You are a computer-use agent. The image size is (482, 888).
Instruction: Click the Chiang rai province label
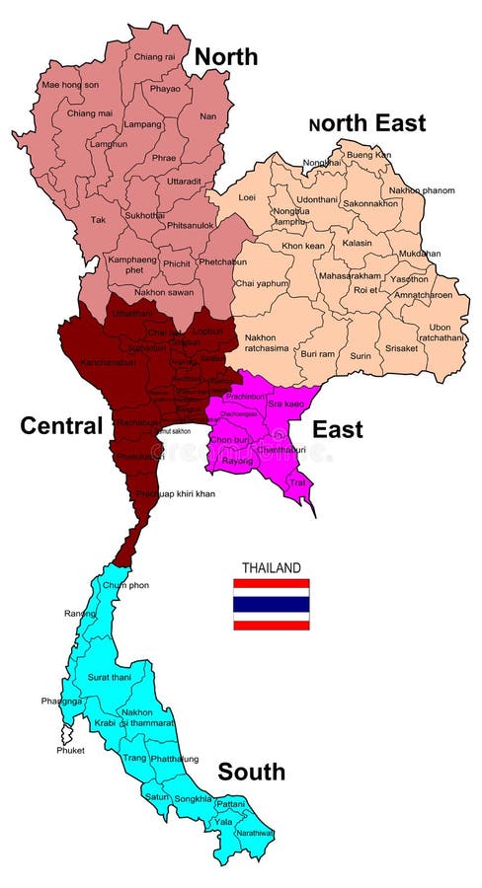pyautogui.click(x=154, y=56)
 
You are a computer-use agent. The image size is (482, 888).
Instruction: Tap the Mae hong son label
pyautogui.click(x=69, y=85)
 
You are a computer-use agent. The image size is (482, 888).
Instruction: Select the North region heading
pyautogui.click(x=226, y=57)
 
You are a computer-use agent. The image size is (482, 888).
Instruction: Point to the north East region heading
pyautogui.click(x=367, y=123)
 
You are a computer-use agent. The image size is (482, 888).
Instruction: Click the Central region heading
pyautogui.click(x=61, y=426)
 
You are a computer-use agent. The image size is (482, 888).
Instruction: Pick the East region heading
pyautogui.click(x=338, y=429)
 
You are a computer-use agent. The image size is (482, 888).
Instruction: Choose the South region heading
pyautogui.click(x=252, y=772)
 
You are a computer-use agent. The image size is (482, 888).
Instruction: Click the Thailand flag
pyautogui.click(x=272, y=604)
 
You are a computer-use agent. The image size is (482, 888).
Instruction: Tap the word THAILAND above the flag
pyautogui.click(x=272, y=568)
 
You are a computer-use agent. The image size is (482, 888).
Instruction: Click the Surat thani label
pyautogui.click(x=111, y=678)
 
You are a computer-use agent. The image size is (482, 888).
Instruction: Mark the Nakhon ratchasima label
pyautogui.click(x=261, y=343)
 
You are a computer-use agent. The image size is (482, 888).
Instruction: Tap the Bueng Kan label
pyautogui.click(x=369, y=155)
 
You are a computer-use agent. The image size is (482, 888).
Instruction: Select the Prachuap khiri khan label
pyautogui.click(x=174, y=492)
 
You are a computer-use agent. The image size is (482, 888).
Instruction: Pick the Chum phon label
pyautogui.click(x=125, y=585)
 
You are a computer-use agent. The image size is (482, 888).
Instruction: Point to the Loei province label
pyautogui.click(x=247, y=197)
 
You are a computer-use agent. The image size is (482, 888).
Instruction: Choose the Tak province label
pyautogui.click(x=98, y=220)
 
